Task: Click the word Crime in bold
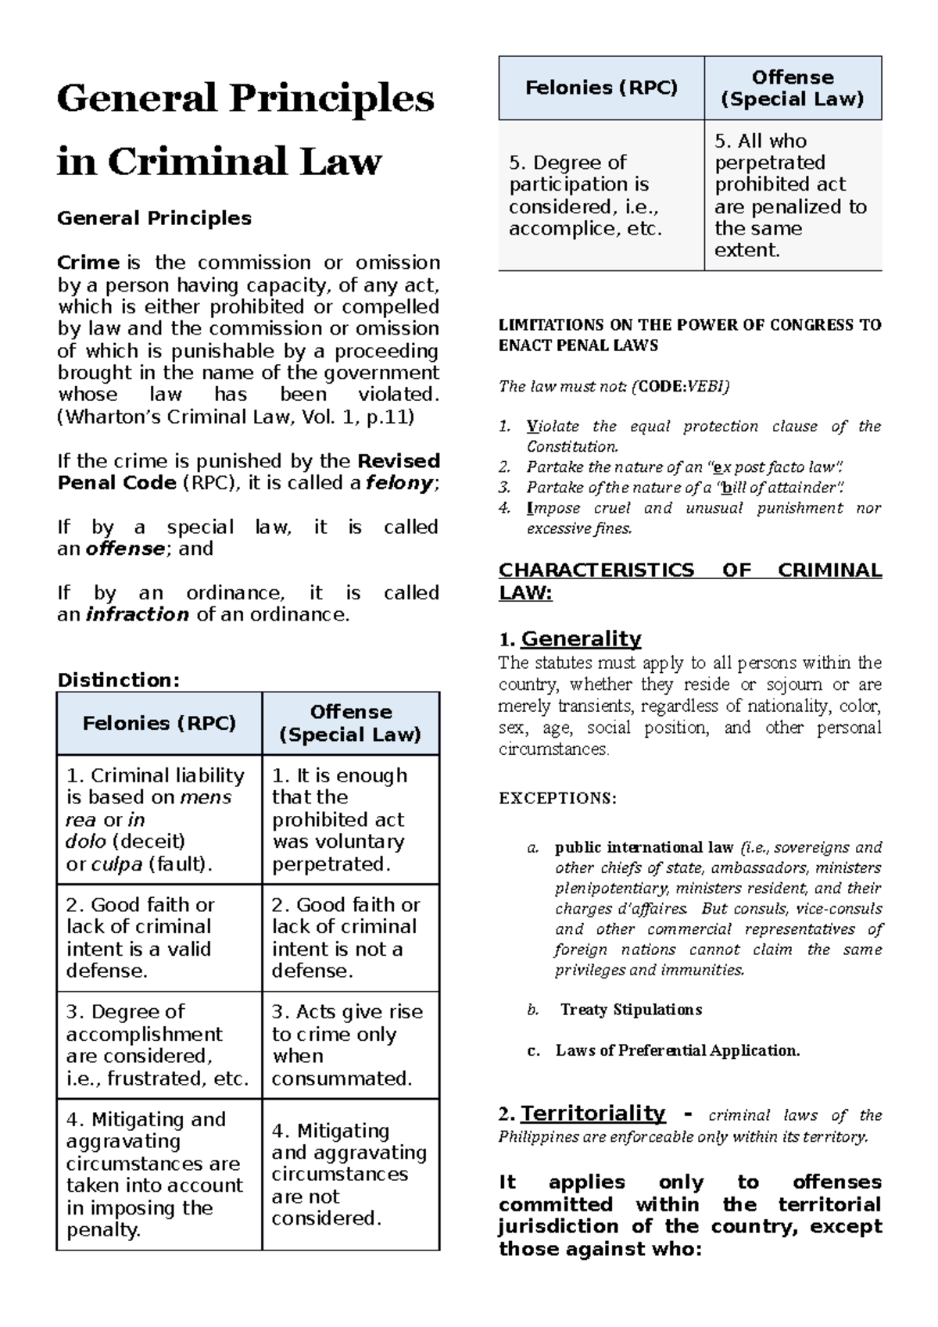(88, 263)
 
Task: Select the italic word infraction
(137, 614)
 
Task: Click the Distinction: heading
(118, 680)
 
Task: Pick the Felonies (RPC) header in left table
(159, 724)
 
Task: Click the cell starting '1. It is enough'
(350, 819)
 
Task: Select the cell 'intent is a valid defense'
(159, 938)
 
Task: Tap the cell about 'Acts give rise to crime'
(350, 1045)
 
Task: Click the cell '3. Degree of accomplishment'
(159, 1045)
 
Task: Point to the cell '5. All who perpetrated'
(793, 195)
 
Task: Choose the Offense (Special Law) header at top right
(793, 88)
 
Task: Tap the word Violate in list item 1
(553, 427)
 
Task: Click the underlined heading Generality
(581, 638)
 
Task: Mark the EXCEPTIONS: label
(557, 799)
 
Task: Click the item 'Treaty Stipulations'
(631, 1010)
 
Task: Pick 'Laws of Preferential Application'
(677, 1050)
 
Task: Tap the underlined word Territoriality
(593, 1113)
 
